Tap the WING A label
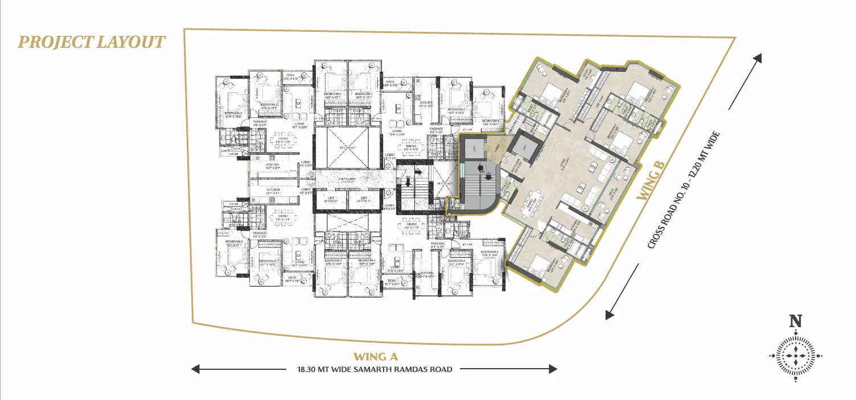[374, 357]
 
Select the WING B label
[651, 179]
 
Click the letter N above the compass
[796, 321]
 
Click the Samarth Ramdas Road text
[374, 369]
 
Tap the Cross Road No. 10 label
[685, 190]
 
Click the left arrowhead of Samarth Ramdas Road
[195, 369]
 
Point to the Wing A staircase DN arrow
[408, 181]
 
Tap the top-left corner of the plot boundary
[185, 30]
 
